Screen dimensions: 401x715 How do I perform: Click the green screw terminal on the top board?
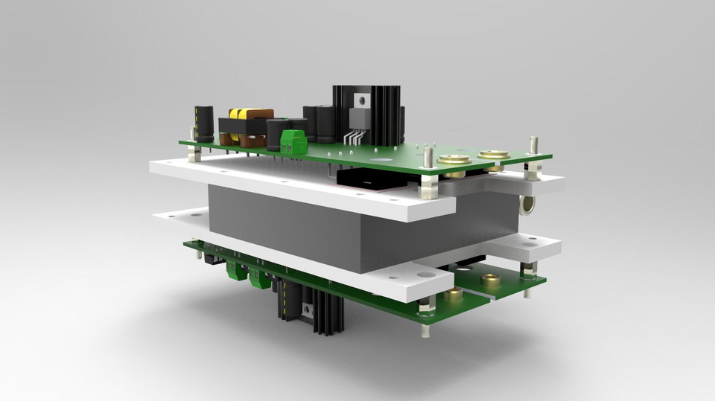coord(294,141)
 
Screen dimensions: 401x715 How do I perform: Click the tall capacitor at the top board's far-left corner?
coord(204,123)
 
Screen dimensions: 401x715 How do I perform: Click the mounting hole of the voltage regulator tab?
coord(363,97)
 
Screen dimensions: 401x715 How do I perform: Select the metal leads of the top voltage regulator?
coord(356,138)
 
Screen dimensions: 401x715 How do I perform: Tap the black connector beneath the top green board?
coord(365,179)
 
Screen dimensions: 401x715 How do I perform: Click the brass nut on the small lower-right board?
coord(489,280)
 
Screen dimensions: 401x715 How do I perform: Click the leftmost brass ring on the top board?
coord(454,160)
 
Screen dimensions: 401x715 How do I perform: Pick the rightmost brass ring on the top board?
coord(492,155)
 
